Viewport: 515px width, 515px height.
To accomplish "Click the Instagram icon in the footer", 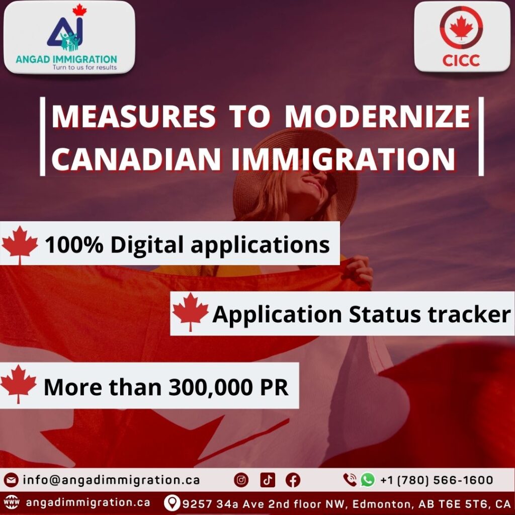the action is [241, 480].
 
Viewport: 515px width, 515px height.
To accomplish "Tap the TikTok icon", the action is [268, 480].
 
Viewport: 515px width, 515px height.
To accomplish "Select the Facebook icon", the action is [293, 480].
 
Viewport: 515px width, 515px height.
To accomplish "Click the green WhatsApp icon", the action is [368, 479].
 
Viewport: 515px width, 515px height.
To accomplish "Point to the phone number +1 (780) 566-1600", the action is [437, 480].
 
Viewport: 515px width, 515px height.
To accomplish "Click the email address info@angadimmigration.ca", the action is [111, 480].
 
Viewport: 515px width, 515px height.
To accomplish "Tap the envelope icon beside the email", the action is [11, 480].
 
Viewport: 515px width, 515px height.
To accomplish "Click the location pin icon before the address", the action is [172, 503].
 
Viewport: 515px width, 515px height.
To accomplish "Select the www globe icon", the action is [11, 502].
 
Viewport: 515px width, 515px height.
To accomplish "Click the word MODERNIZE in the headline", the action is [378, 116].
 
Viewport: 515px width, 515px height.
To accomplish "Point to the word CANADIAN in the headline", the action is [136, 159].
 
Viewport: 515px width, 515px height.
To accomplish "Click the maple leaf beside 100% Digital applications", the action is [20, 245].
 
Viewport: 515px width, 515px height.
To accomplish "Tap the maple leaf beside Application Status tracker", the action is [191, 312].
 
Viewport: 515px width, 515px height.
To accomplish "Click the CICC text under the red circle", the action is [461, 60].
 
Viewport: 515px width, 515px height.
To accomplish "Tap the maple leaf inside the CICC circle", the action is [461, 28].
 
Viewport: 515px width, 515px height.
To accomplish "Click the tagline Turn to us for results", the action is [84, 67].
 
